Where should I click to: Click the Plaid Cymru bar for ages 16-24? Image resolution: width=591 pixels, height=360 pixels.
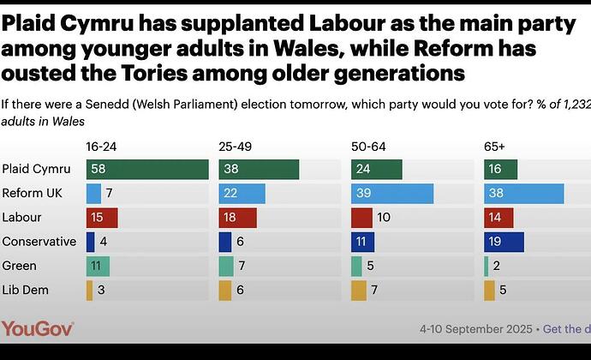147,170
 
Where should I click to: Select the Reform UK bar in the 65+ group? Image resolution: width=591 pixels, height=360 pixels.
523,194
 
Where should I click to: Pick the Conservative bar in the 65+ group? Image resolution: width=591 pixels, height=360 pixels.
504,242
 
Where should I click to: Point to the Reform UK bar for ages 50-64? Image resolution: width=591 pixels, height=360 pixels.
392,194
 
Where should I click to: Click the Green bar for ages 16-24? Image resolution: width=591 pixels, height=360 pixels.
98,266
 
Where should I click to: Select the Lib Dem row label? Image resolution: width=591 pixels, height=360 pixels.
25,290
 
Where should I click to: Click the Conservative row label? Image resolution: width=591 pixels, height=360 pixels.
39,242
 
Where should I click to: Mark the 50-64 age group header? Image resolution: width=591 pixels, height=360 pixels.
369,147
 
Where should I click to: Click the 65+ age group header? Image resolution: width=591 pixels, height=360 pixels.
495,147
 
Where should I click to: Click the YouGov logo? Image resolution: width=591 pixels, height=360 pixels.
38,328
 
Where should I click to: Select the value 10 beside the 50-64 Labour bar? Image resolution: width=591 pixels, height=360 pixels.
385,218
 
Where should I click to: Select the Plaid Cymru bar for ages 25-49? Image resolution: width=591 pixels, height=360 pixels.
259,170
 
